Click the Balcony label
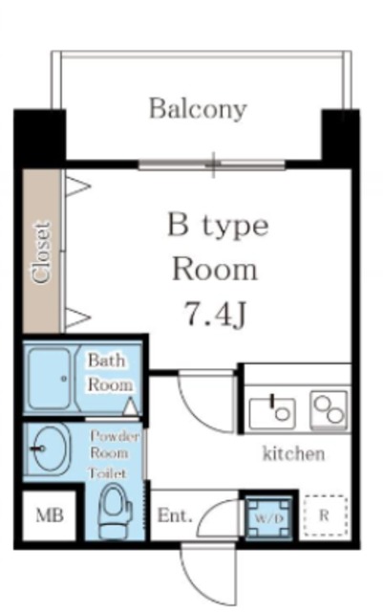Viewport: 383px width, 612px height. [x=198, y=108]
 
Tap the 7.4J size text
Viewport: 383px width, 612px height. [x=215, y=315]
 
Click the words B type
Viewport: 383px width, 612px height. [x=218, y=227]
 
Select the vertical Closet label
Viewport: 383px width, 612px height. [x=42, y=252]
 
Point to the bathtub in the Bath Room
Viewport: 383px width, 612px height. [x=49, y=379]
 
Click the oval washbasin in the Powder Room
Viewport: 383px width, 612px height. [x=51, y=448]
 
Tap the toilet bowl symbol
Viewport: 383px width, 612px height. [x=113, y=512]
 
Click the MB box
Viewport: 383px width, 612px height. [x=49, y=515]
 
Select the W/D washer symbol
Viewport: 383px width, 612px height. [x=268, y=518]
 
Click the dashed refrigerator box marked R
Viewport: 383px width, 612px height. [x=326, y=515]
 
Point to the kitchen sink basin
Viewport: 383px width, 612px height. [x=272, y=413]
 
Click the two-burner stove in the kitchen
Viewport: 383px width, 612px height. [x=329, y=410]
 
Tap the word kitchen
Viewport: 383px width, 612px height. [x=293, y=453]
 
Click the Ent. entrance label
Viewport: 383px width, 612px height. [x=175, y=516]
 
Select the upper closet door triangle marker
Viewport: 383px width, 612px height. [x=77, y=186]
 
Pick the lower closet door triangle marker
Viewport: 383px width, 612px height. [x=77, y=317]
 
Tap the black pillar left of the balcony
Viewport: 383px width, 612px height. [x=39, y=136]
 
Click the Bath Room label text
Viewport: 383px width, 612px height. [x=110, y=372]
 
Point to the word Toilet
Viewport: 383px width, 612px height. [x=108, y=473]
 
